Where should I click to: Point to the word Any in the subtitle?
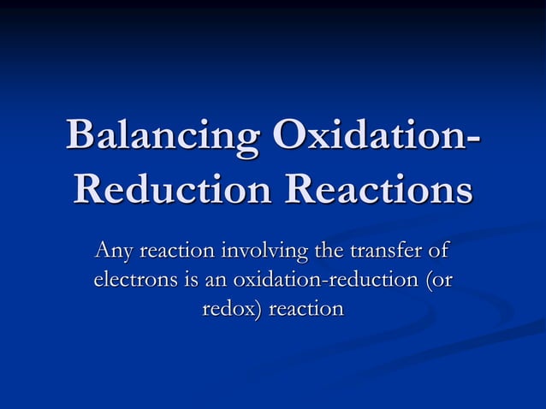[114, 252]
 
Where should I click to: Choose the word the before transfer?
[330, 252]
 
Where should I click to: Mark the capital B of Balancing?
[80, 137]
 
